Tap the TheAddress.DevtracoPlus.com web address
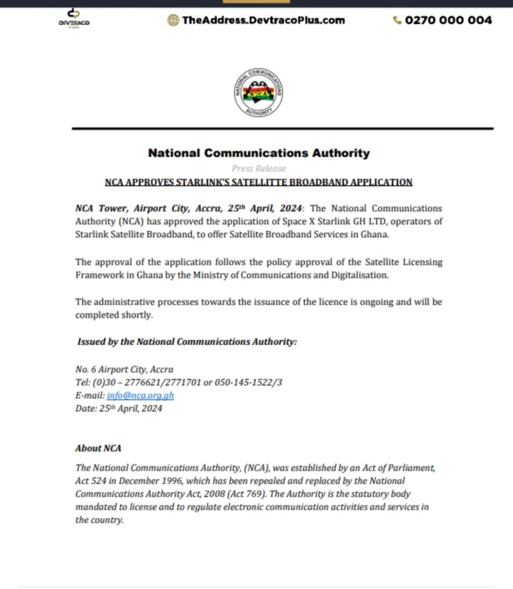point(263,20)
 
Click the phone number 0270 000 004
point(448,20)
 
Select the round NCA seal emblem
point(258,93)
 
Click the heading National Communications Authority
point(259,153)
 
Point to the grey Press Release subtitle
point(259,169)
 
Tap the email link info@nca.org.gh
point(140,396)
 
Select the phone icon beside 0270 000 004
point(397,20)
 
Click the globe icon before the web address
point(172,20)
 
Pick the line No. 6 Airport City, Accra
point(124,369)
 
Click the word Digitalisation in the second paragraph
point(361,275)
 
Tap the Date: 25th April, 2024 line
point(119,408)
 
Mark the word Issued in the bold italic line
point(91,342)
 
